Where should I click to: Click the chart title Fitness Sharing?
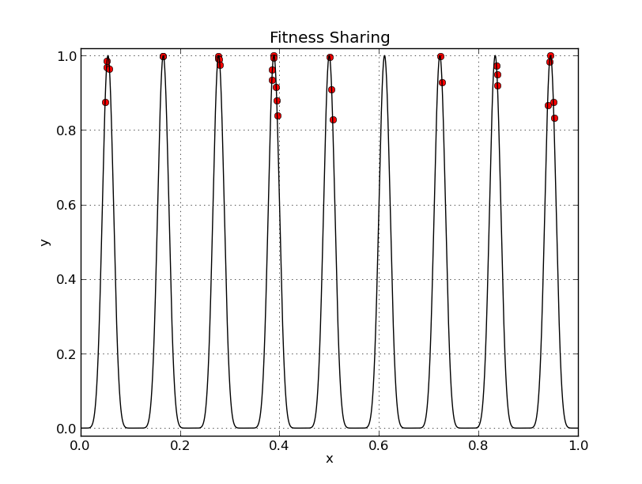(x=330, y=38)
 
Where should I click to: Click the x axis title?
(x=330, y=459)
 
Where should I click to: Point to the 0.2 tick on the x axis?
(x=180, y=444)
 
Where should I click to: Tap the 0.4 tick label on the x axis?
(x=280, y=444)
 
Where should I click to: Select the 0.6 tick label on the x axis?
(x=380, y=444)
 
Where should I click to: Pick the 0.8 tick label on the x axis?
(x=478, y=444)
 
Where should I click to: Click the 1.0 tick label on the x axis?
(x=578, y=444)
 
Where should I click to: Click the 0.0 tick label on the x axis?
(x=81, y=444)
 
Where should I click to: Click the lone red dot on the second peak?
(x=163, y=57)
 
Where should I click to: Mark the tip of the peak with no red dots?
(x=384, y=55)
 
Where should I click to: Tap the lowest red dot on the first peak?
(x=105, y=102)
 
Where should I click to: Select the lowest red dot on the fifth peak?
(x=333, y=119)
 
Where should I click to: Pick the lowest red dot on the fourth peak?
(x=278, y=115)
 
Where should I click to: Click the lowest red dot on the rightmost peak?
(x=554, y=118)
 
